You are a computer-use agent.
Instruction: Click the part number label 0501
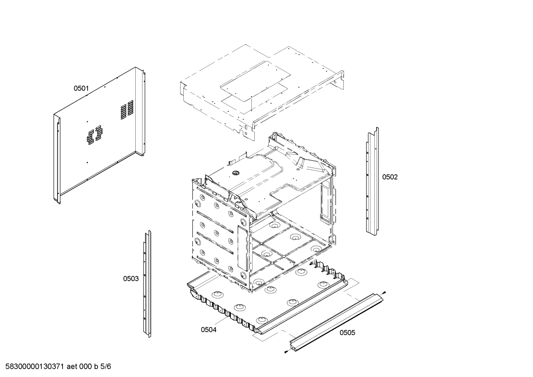coord(81,88)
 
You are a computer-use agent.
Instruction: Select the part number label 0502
coord(390,177)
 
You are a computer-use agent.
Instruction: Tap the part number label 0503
coord(131,279)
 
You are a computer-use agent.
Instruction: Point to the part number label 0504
coord(208,330)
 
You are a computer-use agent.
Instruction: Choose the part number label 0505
coord(347,333)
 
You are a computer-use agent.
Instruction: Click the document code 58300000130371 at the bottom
coord(33,367)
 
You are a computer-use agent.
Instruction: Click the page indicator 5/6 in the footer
coord(106,367)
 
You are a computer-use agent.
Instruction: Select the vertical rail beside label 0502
coord(372,181)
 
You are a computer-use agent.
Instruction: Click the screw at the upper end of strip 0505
coord(384,292)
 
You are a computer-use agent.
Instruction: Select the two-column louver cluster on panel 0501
coord(94,134)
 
